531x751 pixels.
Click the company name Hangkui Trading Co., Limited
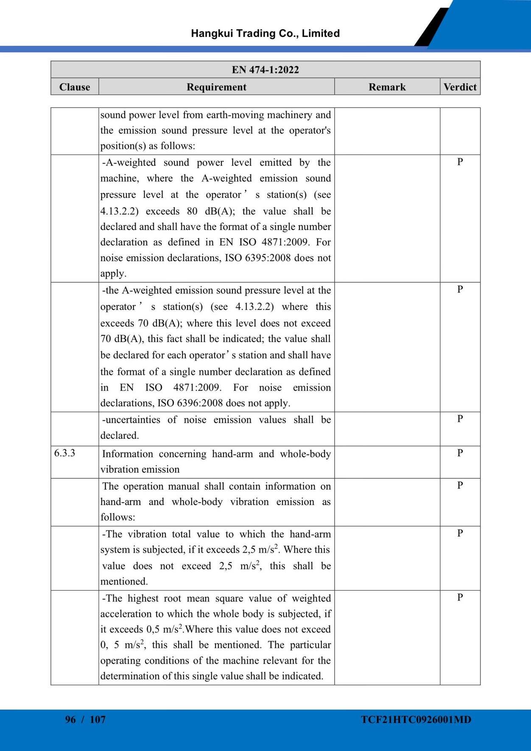[x=265, y=33]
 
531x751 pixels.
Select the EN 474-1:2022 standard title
[x=265, y=70]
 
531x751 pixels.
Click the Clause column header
[x=75, y=87]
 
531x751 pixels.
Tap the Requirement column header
[x=216, y=87]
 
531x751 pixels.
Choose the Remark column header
[x=387, y=87]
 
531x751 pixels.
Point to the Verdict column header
[x=460, y=87]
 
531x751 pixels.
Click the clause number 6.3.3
[x=65, y=453]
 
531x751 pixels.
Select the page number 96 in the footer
[x=70, y=719]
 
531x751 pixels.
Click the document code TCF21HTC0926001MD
[x=416, y=719]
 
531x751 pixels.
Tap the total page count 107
[x=98, y=719]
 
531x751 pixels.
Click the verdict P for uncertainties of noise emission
[x=460, y=419]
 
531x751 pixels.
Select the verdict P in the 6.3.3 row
[x=460, y=453]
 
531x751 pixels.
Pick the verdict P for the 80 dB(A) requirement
[x=460, y=161]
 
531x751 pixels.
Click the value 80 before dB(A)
[x=192, y=211]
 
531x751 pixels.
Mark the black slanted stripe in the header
[x=432, y=28]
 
